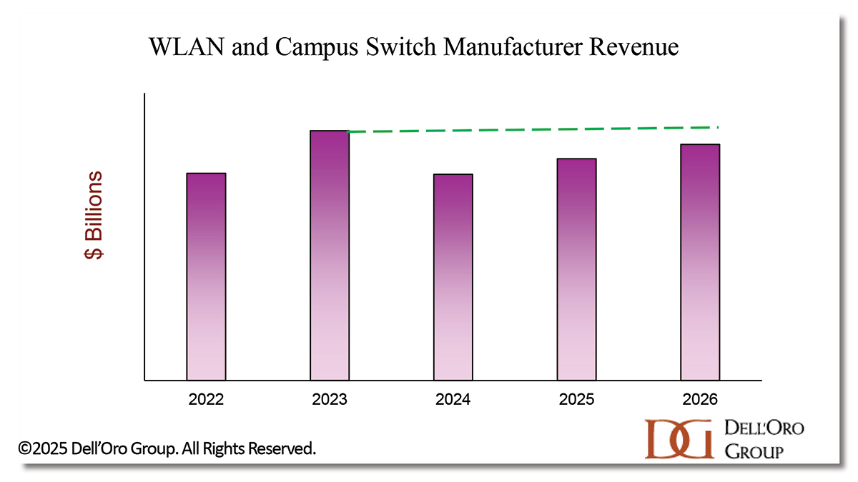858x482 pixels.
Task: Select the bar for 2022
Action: point(206,276)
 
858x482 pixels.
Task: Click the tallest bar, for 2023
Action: point(330,255)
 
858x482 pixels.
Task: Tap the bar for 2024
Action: point(453,277)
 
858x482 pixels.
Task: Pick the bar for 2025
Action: point(577,269)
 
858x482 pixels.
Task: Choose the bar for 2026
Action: point(700,262)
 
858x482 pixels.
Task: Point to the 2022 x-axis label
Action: point(206,399)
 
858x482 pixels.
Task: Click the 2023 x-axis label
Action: point(330,399)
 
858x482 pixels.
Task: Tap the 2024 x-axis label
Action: point(453,399)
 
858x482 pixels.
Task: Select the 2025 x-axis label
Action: point(577,399)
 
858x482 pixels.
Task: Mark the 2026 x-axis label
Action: point(700,399)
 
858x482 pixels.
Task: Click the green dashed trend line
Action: point(533,129)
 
